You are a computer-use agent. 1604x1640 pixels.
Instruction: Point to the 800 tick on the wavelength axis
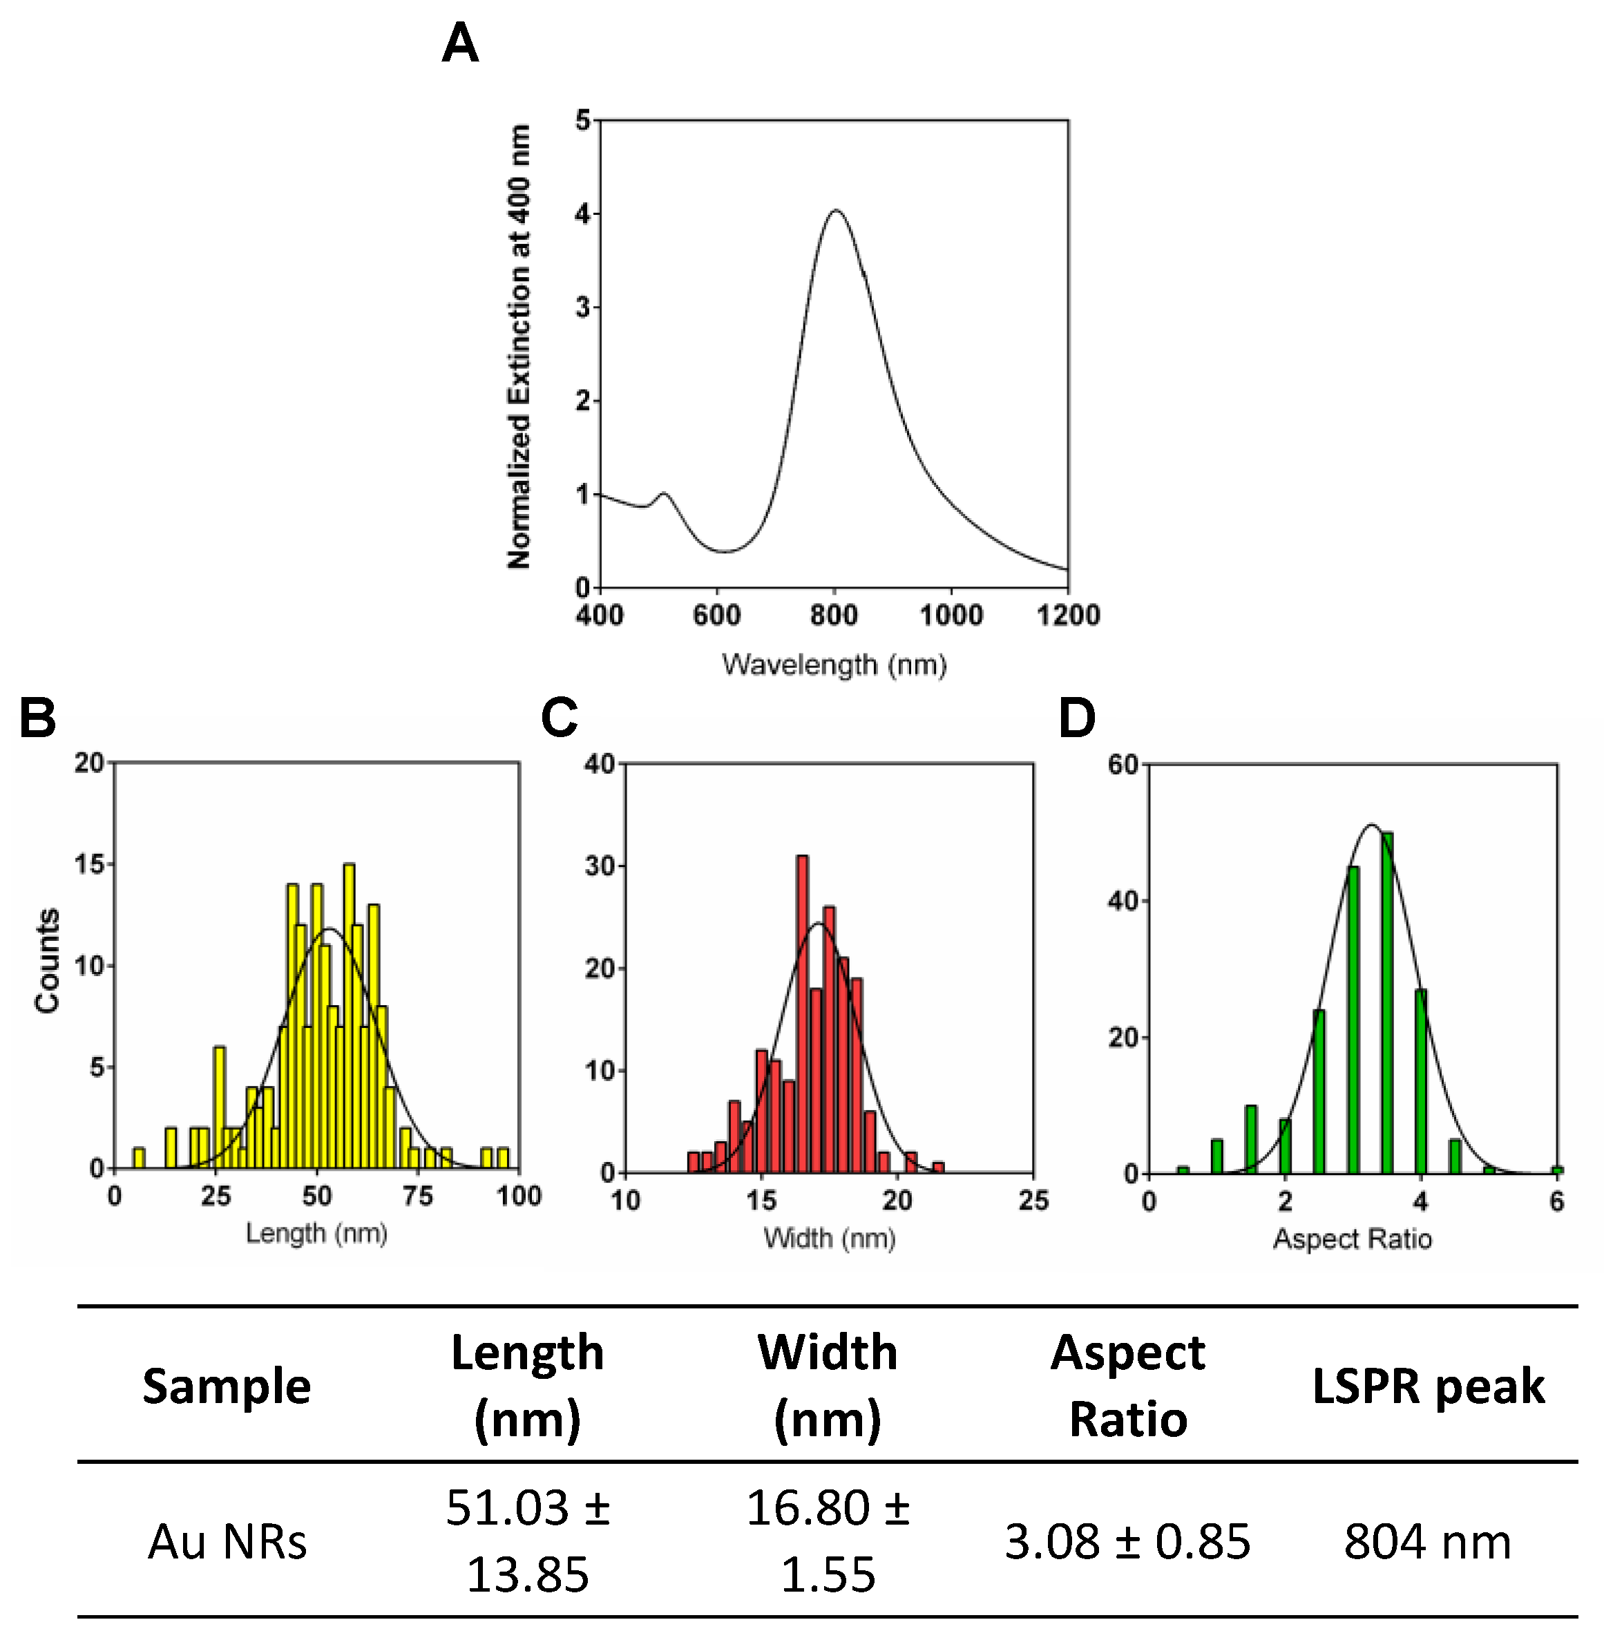(x=834, y=615)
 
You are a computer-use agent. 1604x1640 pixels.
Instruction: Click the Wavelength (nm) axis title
(x=834, y=665)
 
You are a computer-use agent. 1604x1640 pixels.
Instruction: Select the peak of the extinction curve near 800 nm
(x=836, y=211)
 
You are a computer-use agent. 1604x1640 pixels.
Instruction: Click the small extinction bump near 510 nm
(x=664, y=495)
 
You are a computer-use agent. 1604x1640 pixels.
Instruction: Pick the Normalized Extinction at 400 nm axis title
(x=519, y=346)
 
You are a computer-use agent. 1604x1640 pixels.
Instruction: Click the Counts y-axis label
(x=47, y=960)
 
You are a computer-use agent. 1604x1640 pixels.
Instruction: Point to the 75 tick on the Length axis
(x=418, y=1196)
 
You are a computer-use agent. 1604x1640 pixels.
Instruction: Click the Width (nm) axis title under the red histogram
(x=830, y=1238)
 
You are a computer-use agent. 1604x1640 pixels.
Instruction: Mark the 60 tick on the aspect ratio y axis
(x=1124, y=765)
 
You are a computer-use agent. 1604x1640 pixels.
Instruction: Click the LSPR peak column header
(x=1428, y=1386)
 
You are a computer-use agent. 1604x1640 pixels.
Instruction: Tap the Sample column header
(x=227, y=1386)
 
